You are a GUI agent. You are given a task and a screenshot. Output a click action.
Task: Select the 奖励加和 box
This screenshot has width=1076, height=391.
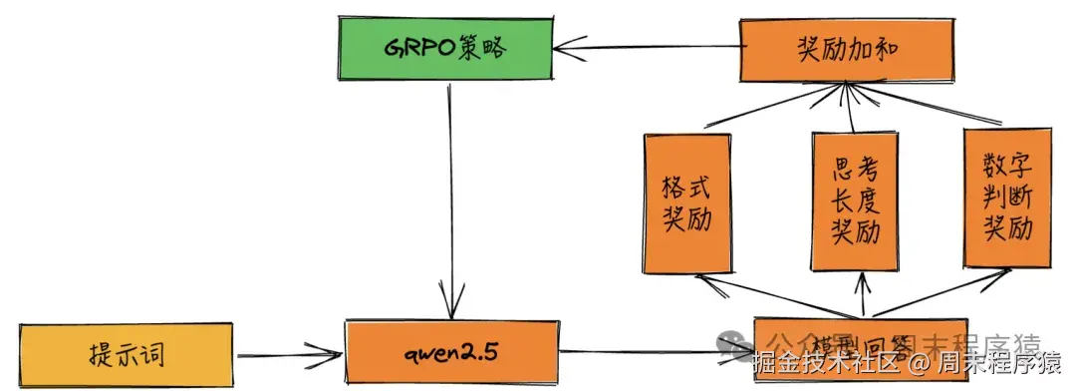click(x=839, y=51)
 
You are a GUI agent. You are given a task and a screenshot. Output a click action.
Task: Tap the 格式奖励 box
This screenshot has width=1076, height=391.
click(x=686, y=203)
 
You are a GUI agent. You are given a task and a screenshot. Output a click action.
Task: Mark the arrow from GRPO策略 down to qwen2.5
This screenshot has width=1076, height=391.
click(x=451, y=199)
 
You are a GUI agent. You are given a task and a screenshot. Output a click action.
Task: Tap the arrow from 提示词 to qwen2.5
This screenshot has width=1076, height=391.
click(x=289, y=354)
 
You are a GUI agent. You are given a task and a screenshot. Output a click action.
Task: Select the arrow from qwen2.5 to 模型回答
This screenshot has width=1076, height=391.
click(x=648, y=350)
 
